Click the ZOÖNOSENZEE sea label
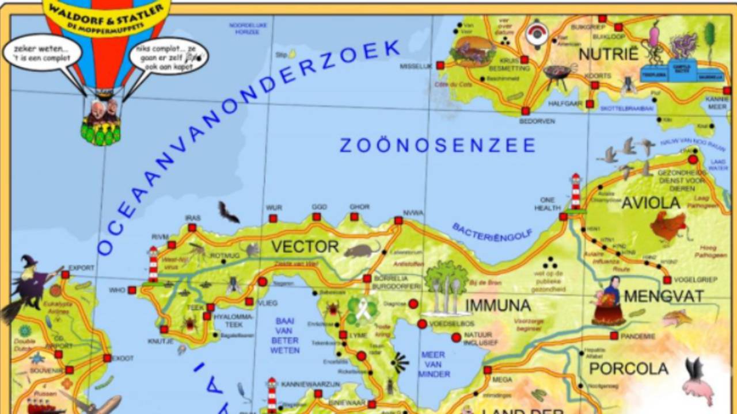coord(438,145)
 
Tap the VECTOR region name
coord(305,247)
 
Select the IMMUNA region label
coord(497,305)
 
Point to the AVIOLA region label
coord(651,203)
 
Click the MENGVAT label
coord(664,297)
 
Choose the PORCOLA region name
coord(629,368)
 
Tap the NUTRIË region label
coord(609,55)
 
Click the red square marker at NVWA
coord(398,220)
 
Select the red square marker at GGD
coord(316,217)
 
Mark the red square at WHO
coord(132,290)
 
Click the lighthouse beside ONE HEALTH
coord(575,193)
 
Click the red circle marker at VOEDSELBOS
coord(422,324)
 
